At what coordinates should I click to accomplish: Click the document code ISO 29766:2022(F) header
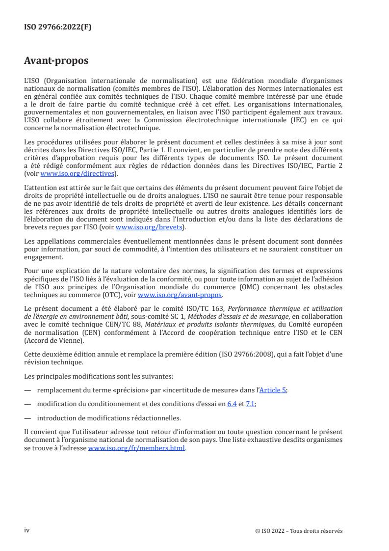(58, 28)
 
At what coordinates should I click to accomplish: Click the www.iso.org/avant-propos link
(180, 295)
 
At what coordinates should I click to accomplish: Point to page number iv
(27, 530)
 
